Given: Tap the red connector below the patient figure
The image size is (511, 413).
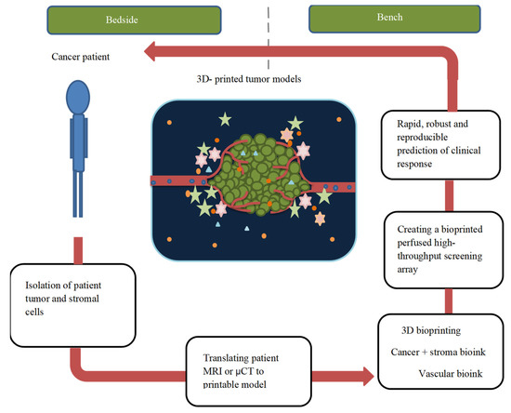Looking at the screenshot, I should coord(74,249).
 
